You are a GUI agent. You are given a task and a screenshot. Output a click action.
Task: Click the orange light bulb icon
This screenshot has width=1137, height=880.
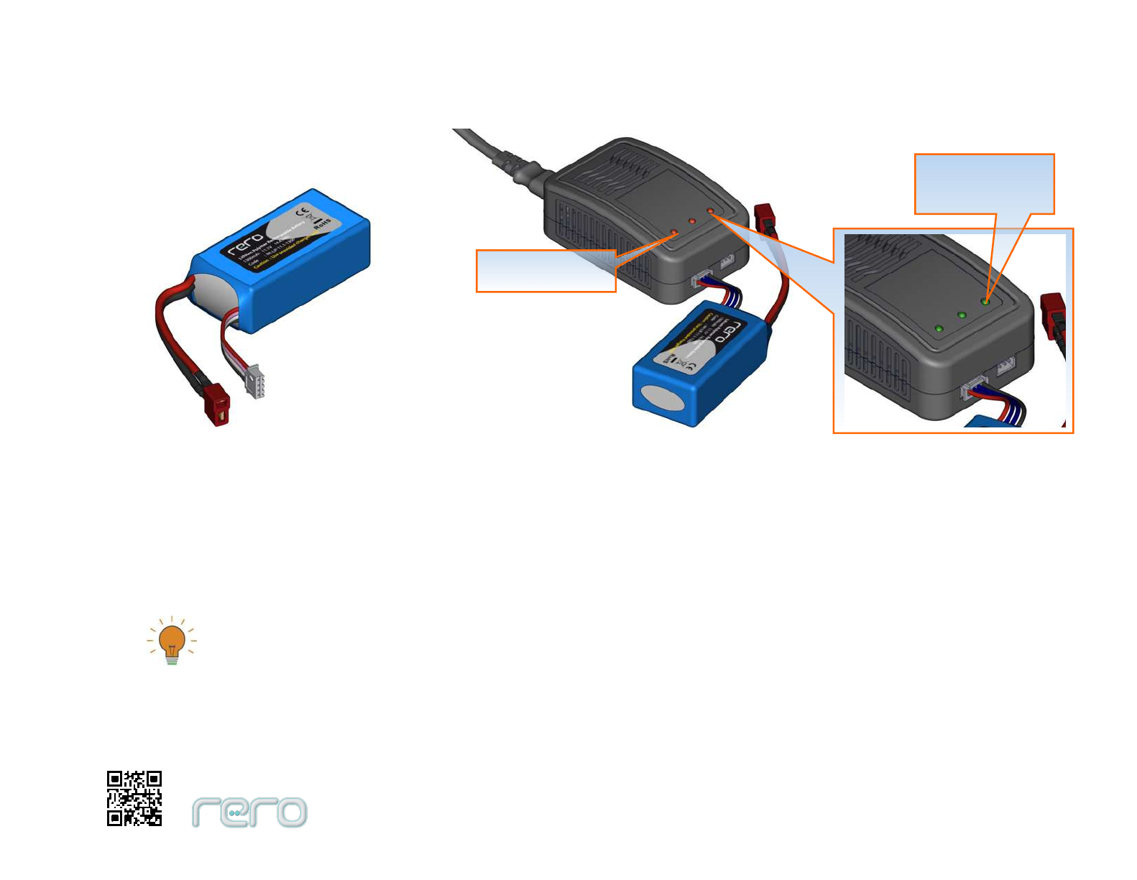(172, 641)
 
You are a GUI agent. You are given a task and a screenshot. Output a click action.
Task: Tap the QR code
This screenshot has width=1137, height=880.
(134, 798)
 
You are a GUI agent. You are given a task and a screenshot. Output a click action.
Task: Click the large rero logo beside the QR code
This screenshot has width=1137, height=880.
(249, 812)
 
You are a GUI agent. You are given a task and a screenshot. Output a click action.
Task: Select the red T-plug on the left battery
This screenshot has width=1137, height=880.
(218, 407)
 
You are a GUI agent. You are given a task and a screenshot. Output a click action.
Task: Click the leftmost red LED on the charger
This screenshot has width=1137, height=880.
(674, 233)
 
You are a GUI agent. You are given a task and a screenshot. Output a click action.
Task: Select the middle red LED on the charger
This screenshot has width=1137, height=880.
(692, 221)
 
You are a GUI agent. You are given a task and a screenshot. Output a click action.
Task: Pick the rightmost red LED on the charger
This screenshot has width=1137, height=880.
(710, 210)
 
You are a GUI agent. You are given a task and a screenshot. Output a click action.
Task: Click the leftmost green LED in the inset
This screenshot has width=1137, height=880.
(939, 329)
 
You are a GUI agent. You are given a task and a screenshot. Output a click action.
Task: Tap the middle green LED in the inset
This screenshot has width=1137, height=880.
(962, 315)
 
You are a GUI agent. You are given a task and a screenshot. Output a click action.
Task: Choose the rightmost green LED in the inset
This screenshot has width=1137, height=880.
(985, 301)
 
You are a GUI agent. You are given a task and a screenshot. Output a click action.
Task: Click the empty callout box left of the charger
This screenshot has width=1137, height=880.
(546, 271)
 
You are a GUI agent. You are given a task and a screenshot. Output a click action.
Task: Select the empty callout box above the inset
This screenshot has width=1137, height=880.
(984, 183)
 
